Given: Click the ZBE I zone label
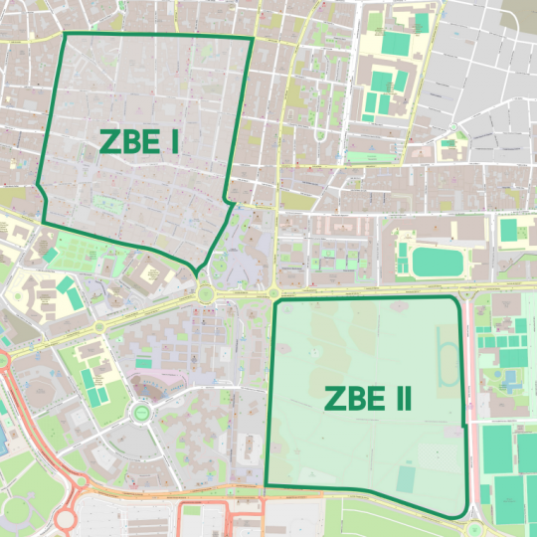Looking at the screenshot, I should [x=139, y=142].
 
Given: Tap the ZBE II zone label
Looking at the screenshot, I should [x=368, y=400].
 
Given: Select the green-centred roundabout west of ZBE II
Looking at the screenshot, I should [x=141, y=410].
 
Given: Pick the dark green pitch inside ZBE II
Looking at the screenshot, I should [x=406, y=479].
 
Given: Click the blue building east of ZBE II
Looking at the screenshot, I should [x=511, y=380].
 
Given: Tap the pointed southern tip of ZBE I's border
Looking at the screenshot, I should [x=197, y=271].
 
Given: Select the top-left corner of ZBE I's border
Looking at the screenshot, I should [x=65, y=34].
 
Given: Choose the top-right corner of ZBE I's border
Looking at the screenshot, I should [x=253, y=39].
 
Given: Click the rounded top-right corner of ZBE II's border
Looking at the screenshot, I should [x=457, y=300].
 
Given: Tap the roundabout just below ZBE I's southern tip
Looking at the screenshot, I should [x=205, y=292].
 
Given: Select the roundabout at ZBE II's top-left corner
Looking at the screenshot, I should [x=271, y=292].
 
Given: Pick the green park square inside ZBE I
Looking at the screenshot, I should [x=105, y=203].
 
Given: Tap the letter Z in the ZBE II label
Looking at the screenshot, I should [x=336, y=400].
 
